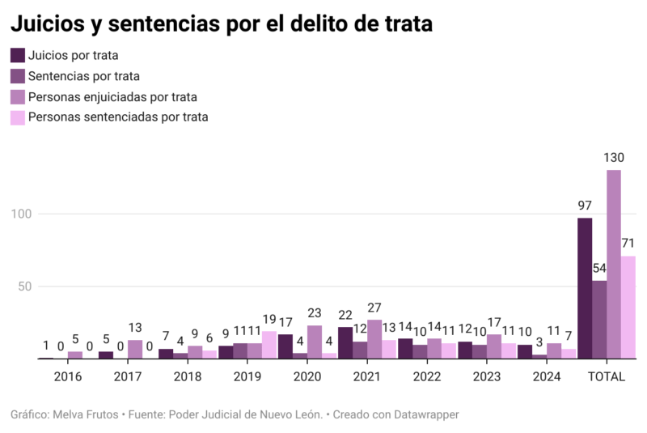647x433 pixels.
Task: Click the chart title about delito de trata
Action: pyautogui.click(x=221, y=24)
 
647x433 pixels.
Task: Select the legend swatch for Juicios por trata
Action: pyautogui.click(x=17, y=56)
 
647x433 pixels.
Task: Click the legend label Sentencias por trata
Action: pyautogui.click(x=83, y=76)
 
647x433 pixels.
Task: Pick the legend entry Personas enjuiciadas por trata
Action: pyautogui.click(x=112, y=97)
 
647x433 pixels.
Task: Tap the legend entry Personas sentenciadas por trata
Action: pyautogui.click(x=118, y=117)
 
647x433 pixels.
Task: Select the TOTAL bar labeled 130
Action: pyautogui.click(x=614, y=264)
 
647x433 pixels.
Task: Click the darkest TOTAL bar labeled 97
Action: pyautogui.click(x=585, y=288)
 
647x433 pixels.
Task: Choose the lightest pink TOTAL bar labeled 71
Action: pyautogui.click(x=628, y=307)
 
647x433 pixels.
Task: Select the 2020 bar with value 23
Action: pyautogui.click(x=315, y=342)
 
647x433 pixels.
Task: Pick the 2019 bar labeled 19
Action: pyautogui.click(x=269, y=345)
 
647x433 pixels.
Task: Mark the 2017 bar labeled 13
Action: pyautogui.click(x=135, y=349)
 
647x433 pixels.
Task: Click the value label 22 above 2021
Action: pyautogui.click(x=345, y=315)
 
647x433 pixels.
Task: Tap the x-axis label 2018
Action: pyautogui.click(x=187, y=376)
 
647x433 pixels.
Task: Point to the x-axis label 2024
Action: pyautogui.click(x=546, y=376)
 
